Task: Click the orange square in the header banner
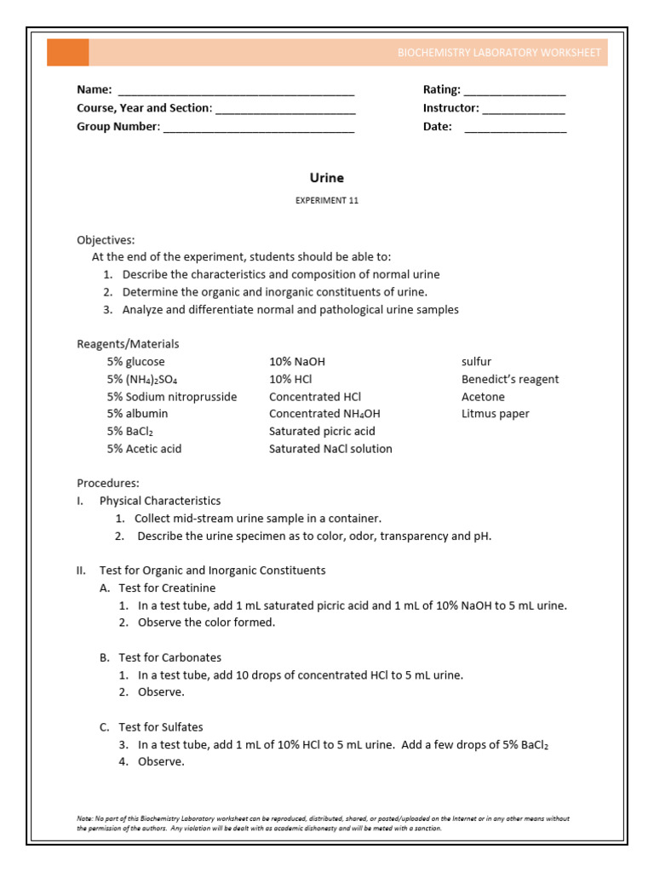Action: click(x=67, y=52)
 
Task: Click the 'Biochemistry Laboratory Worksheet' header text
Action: click(x=500, y=53)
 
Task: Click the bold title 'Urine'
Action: click(x=326, y=178)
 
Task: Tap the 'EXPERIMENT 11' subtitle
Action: click(x=326, y=201)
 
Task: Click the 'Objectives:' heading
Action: click(x=106, y=240)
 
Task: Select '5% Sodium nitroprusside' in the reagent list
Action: click(x=172, y=397)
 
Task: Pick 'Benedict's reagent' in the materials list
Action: click(x=510, y=379)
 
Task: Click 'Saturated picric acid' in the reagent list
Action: click(x=322, y=431)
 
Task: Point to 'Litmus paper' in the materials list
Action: click(x=495, y=414)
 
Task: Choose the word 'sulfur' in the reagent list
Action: click(x=476, y=362)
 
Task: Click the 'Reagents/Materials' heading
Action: click(x=128, y=344)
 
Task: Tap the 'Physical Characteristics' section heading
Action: click(x=160, y=501)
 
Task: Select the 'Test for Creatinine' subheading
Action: click(x=167, y=588)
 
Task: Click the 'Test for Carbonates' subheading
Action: click(x=169, y=657)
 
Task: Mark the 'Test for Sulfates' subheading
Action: click(x=161, y=726)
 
